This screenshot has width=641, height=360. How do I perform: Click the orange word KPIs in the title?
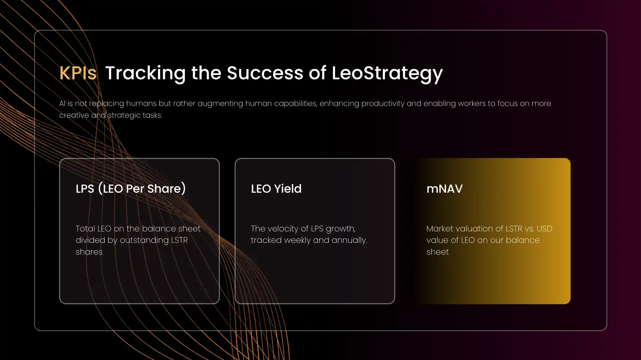[78, 73]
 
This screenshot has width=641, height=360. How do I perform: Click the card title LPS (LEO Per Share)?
[131, 188]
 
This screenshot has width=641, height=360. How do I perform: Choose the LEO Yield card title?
[276, 188]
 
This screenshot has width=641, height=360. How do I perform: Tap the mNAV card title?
[444, 189]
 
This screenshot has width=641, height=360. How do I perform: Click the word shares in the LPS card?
[89, 252]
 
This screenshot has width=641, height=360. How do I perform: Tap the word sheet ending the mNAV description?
[438, 252]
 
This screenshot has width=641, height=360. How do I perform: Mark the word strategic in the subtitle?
[124, 115]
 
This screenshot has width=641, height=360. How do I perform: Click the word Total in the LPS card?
[85, 229]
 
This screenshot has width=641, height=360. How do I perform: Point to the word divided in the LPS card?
[90, 240]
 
